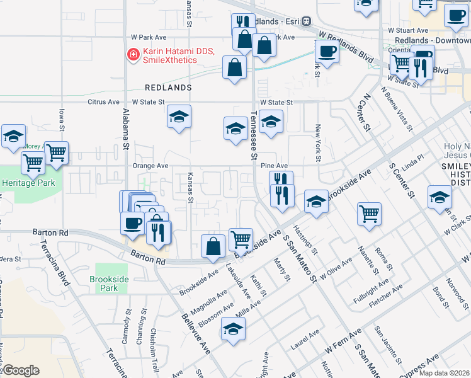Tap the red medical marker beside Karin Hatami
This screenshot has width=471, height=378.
[x=133, y=55]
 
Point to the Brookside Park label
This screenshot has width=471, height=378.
[x=104, y=283]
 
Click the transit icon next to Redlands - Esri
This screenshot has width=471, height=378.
[x=306, y=21]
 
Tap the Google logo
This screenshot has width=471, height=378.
[x=21, y=370]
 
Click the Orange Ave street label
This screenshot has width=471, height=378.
[x=150, y=166]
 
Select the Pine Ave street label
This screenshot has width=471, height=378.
[x=274, y=165]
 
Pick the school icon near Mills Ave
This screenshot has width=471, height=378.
[x=233, y=329]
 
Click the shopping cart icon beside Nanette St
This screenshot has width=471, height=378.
[x=368, y=212]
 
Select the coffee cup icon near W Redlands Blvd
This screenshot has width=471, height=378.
[x=326, y=50]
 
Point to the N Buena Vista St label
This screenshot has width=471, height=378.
[x=397, y=106]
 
